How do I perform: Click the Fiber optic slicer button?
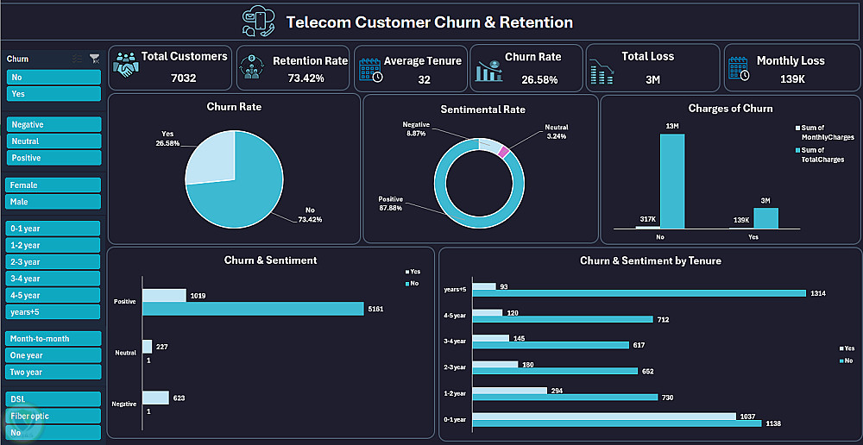coord(54,416)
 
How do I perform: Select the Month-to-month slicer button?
coord(54,339)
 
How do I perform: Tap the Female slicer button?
coord(54,185)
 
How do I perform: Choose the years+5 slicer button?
coord(54,312)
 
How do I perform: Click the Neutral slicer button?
coord(54,141)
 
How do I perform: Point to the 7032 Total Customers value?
coord(184,78)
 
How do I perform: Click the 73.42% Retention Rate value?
coord(306,78)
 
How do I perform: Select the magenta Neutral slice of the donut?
coord(504,152)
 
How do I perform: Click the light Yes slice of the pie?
coord(210,158)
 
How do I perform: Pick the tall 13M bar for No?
coord(672,181)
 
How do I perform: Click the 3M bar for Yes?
coord(765,218)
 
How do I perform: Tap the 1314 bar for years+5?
coord(639,293)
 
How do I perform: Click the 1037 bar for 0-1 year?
coord(603,416)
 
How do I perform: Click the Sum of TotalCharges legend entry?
coord(819,154)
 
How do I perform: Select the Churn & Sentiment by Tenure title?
coord(650,260)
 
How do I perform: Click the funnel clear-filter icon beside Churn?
coord(94,59)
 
